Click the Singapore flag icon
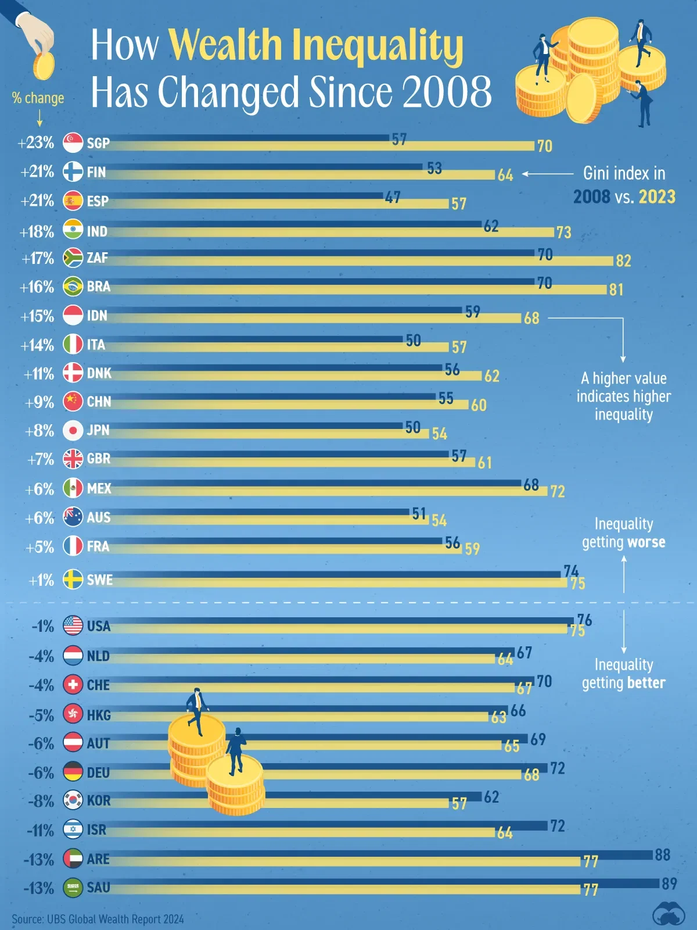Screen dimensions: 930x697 coord(73,142)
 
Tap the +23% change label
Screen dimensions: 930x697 coord(36,142)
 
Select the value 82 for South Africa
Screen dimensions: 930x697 coord(623,261)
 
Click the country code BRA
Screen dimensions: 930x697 coord(99,287)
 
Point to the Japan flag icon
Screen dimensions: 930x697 coord(73,430)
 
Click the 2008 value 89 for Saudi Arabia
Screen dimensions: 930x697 coord(669,884)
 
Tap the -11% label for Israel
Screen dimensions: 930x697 coord(40,831)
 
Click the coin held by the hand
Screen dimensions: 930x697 coord(44,66)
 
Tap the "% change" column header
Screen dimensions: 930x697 coord(38,98)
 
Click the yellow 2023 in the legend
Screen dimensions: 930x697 coord(657,197)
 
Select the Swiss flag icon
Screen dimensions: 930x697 coord(73,685)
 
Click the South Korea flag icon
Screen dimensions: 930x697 coord(73,800)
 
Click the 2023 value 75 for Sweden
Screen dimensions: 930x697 coord(577,584)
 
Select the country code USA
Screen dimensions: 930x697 coord(99,626)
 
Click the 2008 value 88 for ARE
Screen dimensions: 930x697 coord(662,855)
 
